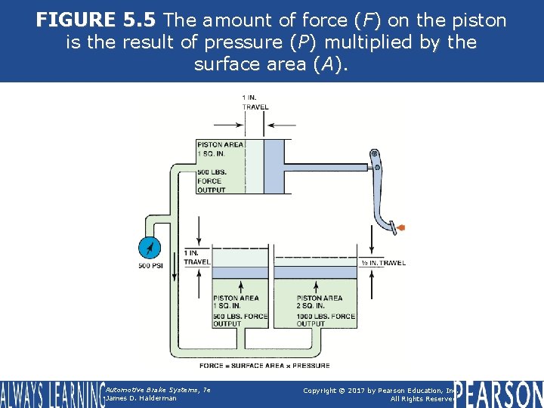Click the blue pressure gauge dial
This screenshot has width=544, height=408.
pos(150,247)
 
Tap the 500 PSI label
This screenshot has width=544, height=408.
pos(150,265)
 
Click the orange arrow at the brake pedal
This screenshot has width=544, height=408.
pos(402,227)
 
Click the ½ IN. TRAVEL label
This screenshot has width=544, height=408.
pos(383,263)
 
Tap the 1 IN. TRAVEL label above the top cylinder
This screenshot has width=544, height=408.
pos(255,103)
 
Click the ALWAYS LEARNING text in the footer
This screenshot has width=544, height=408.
pos(51,394)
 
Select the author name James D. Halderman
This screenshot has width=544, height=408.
pos(142,398)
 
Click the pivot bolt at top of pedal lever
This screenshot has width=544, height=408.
pos(374,153)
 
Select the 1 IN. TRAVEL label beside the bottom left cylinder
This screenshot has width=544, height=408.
pos(196,258)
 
